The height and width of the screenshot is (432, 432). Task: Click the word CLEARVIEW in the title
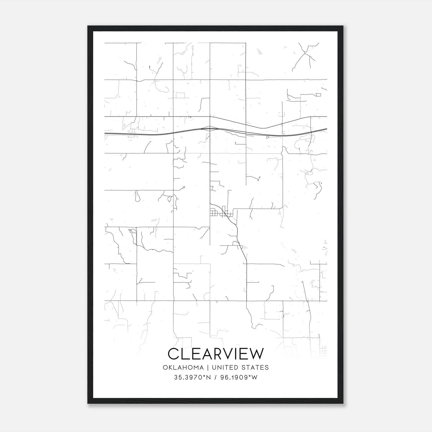pos(215,354)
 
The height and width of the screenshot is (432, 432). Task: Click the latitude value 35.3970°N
pos(192,378)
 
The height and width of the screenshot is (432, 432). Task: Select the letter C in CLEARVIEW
pos(174,354)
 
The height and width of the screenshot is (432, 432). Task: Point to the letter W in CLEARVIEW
pos(255,354)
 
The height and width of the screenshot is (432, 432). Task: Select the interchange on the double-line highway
pos(210,128)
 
